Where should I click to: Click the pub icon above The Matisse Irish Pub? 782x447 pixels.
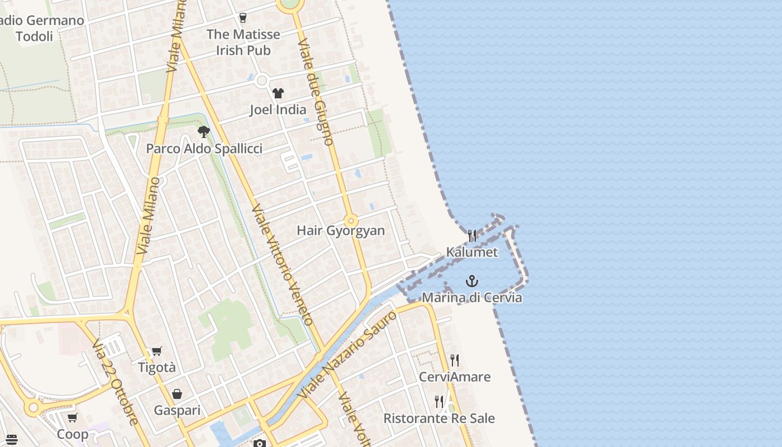pos(242,18)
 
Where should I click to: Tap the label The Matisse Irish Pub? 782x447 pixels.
pos(243,42)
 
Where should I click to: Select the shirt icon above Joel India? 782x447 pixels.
pos(278,93)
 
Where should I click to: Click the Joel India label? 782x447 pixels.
pos(278,110)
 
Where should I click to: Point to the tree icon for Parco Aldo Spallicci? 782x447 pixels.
pos(204,132)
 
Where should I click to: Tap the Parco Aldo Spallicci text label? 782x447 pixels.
pos(204,149)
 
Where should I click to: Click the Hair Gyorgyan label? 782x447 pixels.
pos(341,230)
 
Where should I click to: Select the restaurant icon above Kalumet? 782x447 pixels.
pos(472,236)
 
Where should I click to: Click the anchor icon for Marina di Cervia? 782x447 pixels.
pos(472,280)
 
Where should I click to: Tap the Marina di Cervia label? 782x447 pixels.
pos(472,297)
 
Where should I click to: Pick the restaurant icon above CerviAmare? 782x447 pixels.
pos(455,360)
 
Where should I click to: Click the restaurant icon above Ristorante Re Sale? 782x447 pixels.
pos(439,402)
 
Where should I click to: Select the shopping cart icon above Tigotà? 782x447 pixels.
pos(157,351)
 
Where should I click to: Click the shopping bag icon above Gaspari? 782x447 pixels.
pos(177,394)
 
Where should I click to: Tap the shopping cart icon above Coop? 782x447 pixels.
pos(73,418)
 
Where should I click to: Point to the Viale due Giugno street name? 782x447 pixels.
pos(316,92)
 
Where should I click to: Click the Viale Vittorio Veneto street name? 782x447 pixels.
pos(282,265)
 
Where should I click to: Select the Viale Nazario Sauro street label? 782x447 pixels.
pos(347,354)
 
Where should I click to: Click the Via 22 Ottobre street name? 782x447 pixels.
pos(116,381)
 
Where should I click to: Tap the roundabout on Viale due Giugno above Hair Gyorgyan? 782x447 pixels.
pos(351,220)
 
